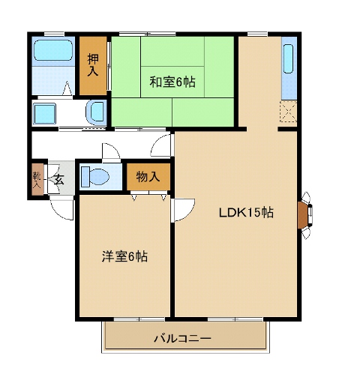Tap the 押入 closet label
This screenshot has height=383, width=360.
pyautogui.click(x=94, y=66)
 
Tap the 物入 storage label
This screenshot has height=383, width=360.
pyautogui.click(x=147, y=178)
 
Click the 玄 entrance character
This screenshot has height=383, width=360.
pyautogui.click(x=58, y=179)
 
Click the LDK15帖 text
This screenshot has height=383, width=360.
pyautogui.click(x=245, y=212)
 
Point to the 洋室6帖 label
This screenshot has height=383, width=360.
pyautogui.click(x=124, y=256)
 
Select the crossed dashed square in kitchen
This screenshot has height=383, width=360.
pyautogui.click(x=289, y=113)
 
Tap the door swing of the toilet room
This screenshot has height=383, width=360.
pyautogui.click(x=111, y=151)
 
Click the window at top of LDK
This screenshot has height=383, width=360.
pyautogui.click(x=257, y=34)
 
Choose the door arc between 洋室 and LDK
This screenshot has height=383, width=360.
pyautogui.click(x=184, y=208)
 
